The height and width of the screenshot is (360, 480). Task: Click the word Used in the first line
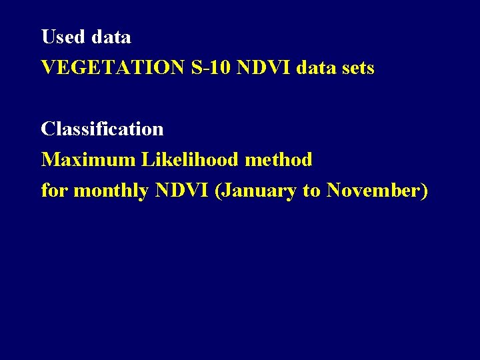click(63, 37)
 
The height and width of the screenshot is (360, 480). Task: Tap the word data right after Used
click(111, 37)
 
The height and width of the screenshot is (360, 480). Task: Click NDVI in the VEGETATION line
click(261, 68)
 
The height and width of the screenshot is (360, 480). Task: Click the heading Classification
click(102, 129)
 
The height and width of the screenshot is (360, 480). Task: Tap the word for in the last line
click(54, 191)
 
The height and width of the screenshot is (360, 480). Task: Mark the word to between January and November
click(311, 191)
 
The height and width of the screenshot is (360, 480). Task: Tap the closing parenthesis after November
click(424, 191)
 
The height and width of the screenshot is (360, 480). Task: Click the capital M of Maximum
click(49, 160)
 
